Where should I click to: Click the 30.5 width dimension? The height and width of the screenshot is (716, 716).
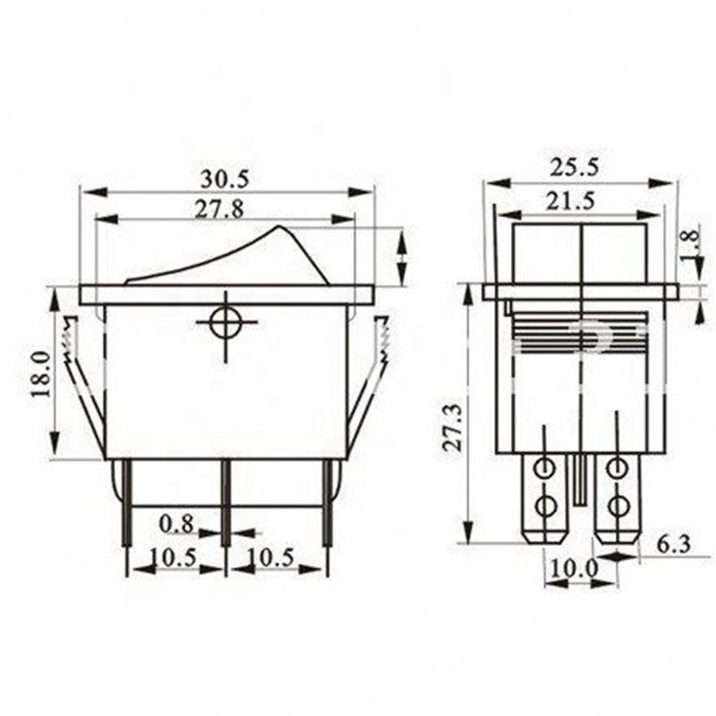tap(226, 177)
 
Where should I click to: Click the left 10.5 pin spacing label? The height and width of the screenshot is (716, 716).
tap(174, 557)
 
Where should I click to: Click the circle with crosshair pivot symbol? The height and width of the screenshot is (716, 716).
tap(225, 324)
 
